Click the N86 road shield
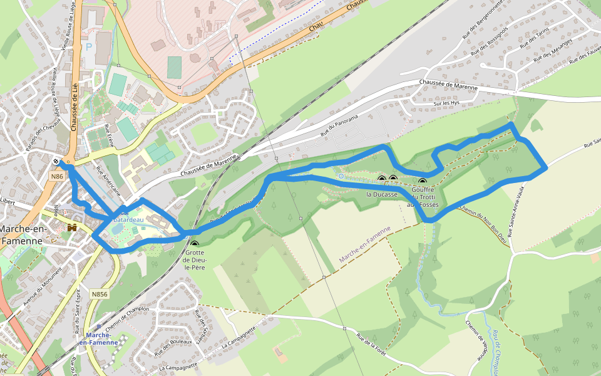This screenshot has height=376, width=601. [x=58, y=177]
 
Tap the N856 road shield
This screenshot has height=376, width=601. [x=99, y=293]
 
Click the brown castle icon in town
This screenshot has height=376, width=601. [x=72, y=227]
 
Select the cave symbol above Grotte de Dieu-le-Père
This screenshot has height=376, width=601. [x=195, y=244]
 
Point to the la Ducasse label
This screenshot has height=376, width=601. [x=382, y=195]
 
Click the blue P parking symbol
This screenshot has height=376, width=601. [x=88, y=46]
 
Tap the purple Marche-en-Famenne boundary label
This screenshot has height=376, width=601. [x=364, y=244]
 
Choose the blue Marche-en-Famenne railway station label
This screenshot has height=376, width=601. [x=99, y=339]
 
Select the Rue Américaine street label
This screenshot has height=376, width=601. [x=108, y=182]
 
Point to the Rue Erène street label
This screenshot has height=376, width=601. [x=110, y=136]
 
